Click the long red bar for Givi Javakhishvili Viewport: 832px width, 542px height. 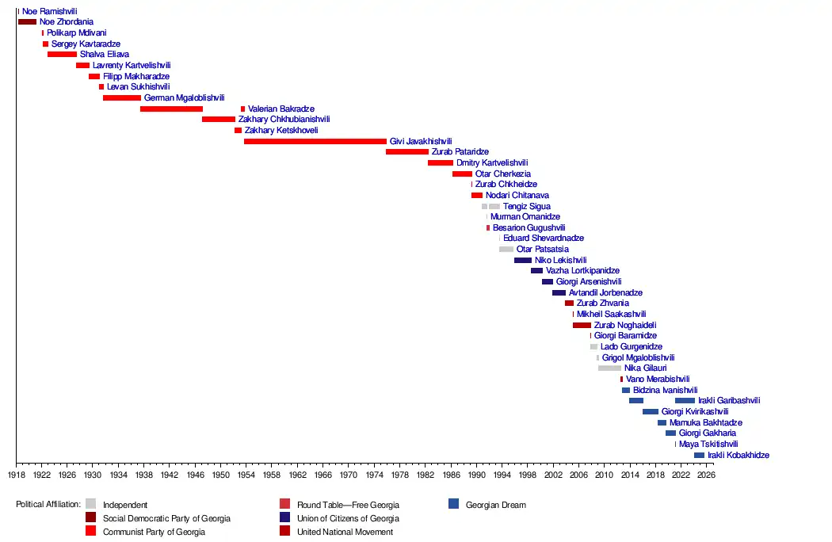315,141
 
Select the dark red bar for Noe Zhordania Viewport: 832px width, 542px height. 27,22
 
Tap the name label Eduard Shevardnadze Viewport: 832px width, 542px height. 543,239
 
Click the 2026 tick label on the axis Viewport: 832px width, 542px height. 705,475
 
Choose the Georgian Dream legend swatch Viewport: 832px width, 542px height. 453,504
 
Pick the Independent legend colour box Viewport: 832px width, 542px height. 90,504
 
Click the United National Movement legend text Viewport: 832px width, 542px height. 345,532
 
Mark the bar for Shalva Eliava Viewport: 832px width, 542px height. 62,55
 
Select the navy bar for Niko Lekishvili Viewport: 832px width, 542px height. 523,260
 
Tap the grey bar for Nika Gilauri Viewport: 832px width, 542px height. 609,368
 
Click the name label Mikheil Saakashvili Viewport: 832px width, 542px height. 611,315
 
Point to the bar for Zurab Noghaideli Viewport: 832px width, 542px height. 582,325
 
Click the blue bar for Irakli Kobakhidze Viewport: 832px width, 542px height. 699,455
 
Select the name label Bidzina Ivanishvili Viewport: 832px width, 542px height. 665,390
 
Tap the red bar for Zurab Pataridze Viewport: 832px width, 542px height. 407,151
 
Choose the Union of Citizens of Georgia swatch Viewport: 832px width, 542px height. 284,517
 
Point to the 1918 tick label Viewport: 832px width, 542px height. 16,475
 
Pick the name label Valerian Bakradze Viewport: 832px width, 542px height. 281,109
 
